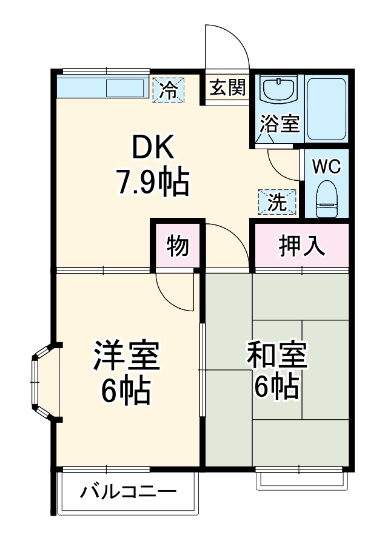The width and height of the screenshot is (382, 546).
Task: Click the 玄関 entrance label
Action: click(x=228, y=88)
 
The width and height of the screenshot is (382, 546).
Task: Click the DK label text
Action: click(x=153, y=146)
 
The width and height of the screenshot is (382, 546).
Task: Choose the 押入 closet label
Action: click(x=301, y=246)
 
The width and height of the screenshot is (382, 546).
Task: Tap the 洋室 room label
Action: click(x=126, y=356)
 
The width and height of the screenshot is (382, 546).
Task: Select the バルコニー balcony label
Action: click(x=129, y=491)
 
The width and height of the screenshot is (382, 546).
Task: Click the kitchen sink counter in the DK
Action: click(x=101, y=88)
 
